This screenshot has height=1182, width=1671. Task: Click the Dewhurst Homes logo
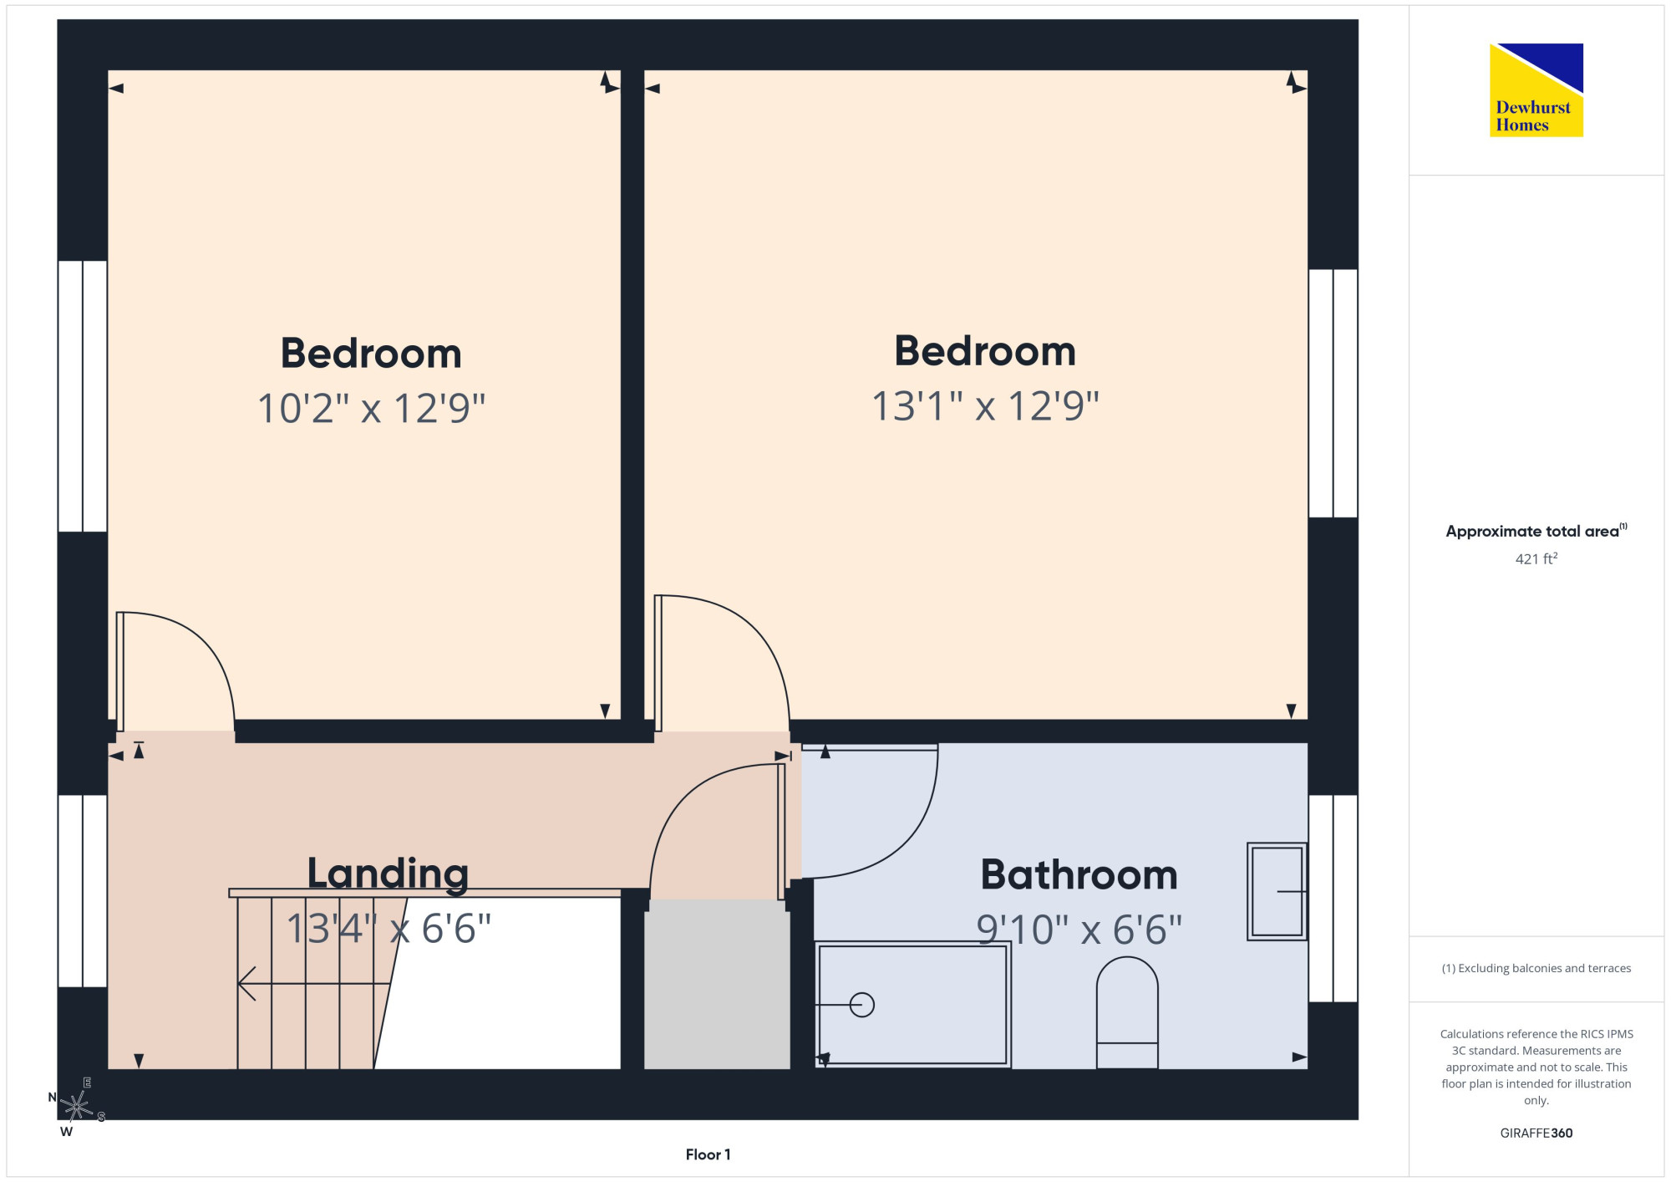[1536, 89]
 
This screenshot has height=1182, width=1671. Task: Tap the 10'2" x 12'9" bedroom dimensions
[371, 408]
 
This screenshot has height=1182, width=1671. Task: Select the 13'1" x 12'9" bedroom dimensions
[985, 405]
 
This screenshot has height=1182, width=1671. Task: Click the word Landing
[388, 874]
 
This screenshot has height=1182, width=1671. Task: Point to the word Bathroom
[1079, 874]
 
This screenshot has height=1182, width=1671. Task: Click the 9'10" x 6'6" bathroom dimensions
[1079, 929]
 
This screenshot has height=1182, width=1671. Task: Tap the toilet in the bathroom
[1126, 1012]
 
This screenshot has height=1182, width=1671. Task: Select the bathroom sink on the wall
[1277, 891]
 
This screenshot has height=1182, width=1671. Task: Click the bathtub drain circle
[861, 1004]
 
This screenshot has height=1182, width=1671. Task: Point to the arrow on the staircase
[314, 983]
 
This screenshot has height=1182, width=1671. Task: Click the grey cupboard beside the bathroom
[717, 984]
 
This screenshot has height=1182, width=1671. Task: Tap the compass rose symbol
[76, 1107]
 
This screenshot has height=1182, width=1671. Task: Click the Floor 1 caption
[708, 1154]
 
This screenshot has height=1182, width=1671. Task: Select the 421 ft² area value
[1536, 558]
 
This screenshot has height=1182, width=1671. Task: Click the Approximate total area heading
[1536, 531]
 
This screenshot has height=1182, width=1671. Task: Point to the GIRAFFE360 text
[1536, 1134]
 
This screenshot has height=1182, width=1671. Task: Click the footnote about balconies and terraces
[1536, 968]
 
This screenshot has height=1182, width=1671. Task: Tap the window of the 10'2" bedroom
[83, 396]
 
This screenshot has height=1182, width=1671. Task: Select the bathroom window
[1333, 899]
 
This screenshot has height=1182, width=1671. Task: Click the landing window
[83, 891]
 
